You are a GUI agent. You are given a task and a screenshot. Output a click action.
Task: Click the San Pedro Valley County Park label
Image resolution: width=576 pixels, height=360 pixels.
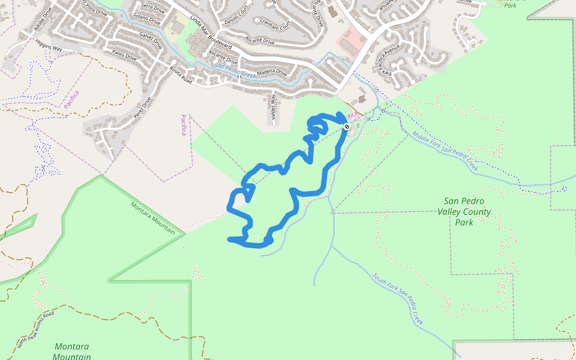click(464, 212)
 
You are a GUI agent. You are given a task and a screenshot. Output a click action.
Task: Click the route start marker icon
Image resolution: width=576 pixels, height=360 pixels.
click(347, 127)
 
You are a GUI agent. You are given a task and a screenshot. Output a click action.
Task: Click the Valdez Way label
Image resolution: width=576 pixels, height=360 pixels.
click(273, 109)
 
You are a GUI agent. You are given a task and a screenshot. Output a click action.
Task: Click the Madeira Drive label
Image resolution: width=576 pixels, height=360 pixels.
click(272, 73)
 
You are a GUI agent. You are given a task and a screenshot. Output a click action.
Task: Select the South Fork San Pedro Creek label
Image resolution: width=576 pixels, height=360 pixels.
click(398, 299)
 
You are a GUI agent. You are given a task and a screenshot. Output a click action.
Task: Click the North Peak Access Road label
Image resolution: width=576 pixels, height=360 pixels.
click(35, 329)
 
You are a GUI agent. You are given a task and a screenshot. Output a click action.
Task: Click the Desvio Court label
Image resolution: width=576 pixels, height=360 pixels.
click(236, 13)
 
